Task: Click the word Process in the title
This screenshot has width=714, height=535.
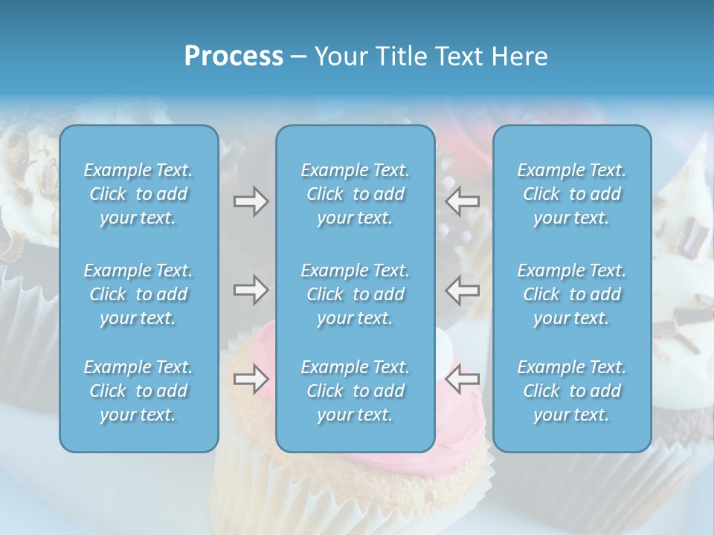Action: (x=234, y=56)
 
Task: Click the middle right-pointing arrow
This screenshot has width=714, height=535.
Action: (x=251, y=290)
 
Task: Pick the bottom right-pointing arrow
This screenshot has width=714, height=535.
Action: (x=251, y=380)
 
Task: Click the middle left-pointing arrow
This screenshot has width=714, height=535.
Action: (x=463, y=290)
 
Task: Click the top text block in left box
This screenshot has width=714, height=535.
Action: (x=138, y=194)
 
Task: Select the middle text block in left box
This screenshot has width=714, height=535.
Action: (x=138, y=294)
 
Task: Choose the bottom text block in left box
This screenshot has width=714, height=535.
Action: (x=138, y=391)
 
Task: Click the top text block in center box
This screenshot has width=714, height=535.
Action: (x=355, y=194)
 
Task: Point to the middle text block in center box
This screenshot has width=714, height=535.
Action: (x=355, y=294)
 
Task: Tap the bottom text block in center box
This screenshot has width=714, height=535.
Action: (x=355, y=391)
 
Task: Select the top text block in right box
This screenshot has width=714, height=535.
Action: (x=571, y=194)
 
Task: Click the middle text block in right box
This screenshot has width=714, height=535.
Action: (x=571, y=294)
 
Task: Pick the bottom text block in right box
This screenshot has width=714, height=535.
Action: (x=571, y=391)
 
